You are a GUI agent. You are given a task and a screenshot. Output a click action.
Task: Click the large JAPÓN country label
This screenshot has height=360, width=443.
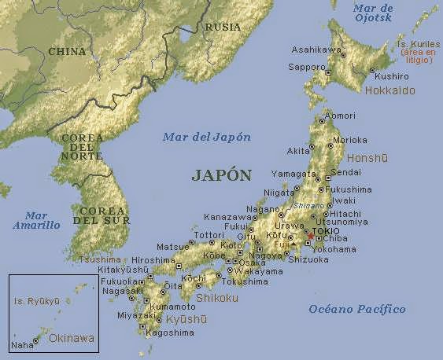click(x=221, y=175)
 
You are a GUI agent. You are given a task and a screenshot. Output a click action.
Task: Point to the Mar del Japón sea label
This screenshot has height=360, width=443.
click(x=207, y=137)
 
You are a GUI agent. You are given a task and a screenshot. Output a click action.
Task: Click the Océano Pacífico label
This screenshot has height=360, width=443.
click(x=356, y=309)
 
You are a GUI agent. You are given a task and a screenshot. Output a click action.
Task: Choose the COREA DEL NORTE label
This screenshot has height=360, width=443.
click(x=81, y=148)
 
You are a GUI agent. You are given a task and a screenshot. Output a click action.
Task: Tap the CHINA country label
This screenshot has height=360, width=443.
click(x=67, y=51)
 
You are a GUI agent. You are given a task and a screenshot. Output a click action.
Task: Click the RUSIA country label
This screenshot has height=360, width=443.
click(x=223, y=27)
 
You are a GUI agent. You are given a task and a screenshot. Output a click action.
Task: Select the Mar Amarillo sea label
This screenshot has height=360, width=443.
click(x=36, y=220)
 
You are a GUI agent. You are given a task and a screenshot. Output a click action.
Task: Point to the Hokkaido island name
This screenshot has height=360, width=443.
click(x=389, y=91)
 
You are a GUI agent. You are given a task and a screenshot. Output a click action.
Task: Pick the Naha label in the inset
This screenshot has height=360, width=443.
click(x=22, y=345)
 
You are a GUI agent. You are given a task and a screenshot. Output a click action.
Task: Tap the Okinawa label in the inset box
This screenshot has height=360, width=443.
click(x=71, y=339)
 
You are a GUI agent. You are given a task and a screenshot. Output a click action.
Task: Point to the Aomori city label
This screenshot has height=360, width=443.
click(x=340, y=116)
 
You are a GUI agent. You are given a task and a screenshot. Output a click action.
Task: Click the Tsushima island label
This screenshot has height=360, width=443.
click(x=102, y=259)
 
